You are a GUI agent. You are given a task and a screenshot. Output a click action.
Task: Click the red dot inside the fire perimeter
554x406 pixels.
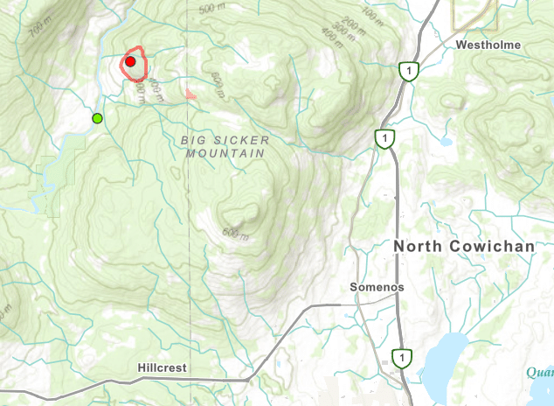coord(130,62)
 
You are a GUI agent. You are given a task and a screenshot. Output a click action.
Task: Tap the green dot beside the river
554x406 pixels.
coord(98,118)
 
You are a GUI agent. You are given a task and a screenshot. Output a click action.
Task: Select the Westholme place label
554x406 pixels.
coord(488,45)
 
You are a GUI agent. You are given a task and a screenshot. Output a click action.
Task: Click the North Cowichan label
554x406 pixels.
coord(463,247)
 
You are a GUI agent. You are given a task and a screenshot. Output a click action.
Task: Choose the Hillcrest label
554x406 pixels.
coord(163,368)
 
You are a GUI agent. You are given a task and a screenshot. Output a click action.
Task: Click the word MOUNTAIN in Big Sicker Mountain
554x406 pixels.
coord(225,153)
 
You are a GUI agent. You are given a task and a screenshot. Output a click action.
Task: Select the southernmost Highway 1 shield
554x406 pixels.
coord(401,357)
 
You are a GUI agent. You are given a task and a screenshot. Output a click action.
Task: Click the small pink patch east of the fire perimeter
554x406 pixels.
coord(191,92)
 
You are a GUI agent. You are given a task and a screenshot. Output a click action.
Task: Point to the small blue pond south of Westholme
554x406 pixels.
coord(446,141)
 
